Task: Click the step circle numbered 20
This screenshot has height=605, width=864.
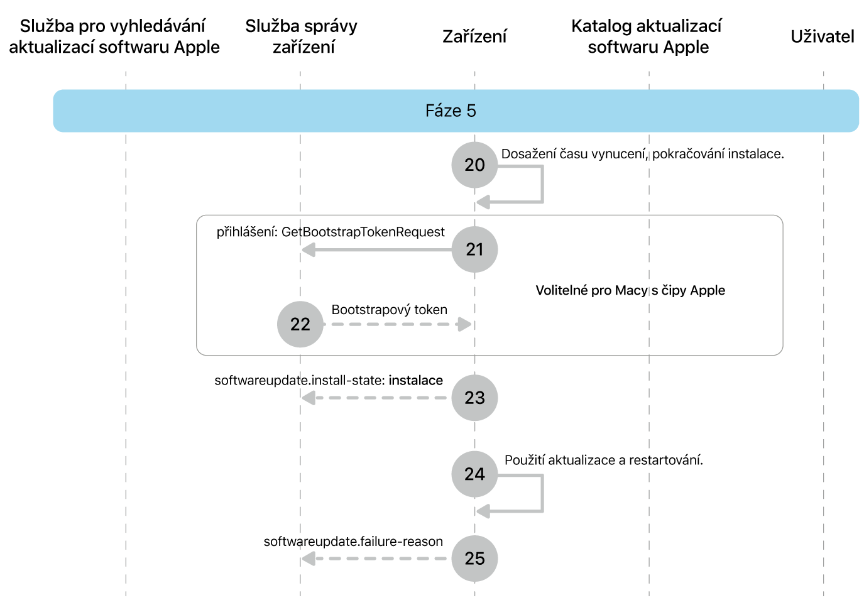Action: tap(474, 165)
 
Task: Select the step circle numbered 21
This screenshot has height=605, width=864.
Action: tap(474, 249)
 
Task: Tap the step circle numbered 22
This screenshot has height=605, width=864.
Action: tap(300, 324)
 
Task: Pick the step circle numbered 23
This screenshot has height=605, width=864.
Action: tap(474, 398)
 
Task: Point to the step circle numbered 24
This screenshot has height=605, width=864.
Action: tap(474, 474)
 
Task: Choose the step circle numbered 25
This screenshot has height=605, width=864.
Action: tap(474, 559)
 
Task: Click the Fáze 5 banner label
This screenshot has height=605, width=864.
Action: tap(451, 111)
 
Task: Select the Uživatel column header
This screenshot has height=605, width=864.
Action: tap(822, 36)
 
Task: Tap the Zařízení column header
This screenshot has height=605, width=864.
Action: tap(474, 36)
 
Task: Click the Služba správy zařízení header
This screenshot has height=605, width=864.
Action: tap(302, 36)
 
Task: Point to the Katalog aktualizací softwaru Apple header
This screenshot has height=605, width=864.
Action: tap(647, 36)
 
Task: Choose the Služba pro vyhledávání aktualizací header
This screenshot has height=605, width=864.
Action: tap(114, 36)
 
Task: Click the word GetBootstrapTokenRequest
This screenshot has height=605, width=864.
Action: tap(363, 232)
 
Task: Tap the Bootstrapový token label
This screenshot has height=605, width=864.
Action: tap(389, 310)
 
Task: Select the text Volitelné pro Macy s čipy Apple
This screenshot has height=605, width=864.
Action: tap(630, 290)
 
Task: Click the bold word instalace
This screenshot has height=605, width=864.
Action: tap(415, 380)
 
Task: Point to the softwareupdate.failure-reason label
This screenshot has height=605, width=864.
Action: tap(353, 542)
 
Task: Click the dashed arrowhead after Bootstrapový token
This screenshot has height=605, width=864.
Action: tap(465, 324)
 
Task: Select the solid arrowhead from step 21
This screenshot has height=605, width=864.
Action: tap(309, 250)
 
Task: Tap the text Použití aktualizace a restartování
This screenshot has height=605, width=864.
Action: tap(603, 460)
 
